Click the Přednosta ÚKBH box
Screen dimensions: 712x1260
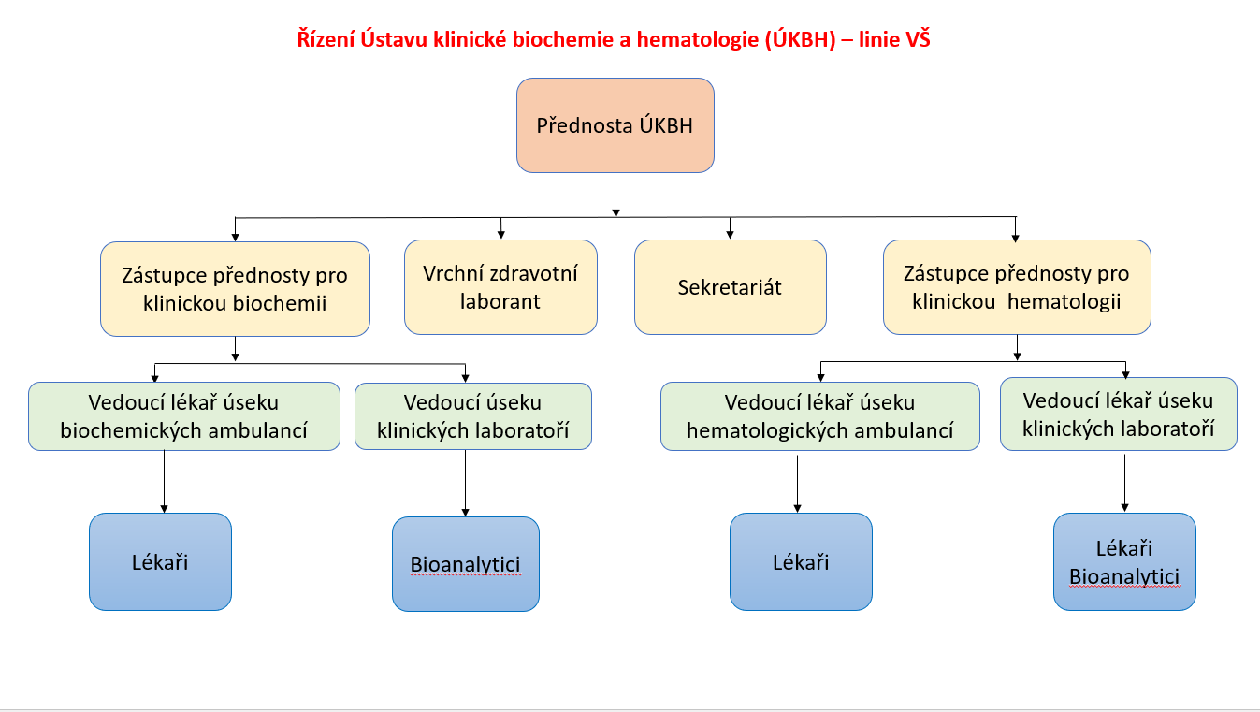coord(615,125)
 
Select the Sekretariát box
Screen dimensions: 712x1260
coord(730,287)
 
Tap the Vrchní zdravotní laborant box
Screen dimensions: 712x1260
coord(500,287)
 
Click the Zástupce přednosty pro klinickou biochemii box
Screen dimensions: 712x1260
coord(235,289)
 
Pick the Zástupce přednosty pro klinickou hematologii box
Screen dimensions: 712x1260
coord(1017,287)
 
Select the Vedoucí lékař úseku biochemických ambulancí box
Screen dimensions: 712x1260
coord(184,416)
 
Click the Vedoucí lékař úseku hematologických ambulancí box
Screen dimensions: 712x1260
coord(819,416)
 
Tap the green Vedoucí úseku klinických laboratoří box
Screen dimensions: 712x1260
coord(472,416)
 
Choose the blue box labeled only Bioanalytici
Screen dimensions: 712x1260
coord(465,564)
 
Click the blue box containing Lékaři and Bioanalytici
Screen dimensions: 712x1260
coord(1124,561)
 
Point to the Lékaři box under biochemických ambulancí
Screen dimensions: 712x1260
coord(160,561)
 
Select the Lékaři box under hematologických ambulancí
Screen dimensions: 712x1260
coord(801,561)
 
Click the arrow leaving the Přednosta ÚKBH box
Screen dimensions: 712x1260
coord(616,195)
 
